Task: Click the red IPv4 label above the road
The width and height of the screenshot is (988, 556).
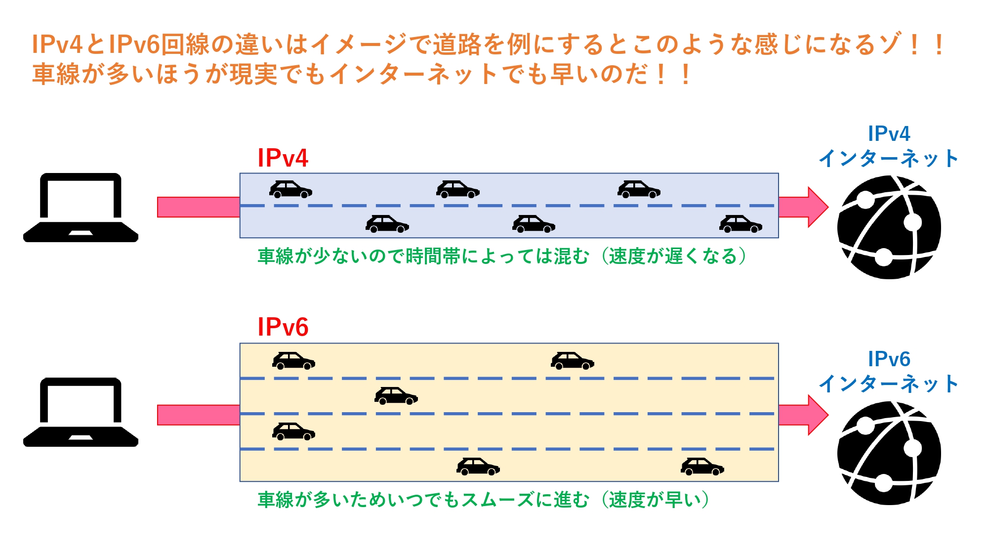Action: click(x=283, y=158)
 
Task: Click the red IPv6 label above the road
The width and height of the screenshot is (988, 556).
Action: click(x=283, y=327)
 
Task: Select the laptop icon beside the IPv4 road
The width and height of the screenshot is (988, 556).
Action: click(x=81, y=208)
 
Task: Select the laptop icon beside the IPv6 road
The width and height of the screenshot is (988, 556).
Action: click(x=81, y=412)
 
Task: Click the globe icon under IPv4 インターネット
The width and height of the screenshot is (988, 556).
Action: click(x=889, y=227)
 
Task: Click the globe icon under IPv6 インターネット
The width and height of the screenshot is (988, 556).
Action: click(x=889, y=453)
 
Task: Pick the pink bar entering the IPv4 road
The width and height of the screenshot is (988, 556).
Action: click(x=198, y=207)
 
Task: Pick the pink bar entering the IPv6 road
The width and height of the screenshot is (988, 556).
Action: click(x=198, y=415)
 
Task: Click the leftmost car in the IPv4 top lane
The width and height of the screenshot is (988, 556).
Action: click(x=290, y=190)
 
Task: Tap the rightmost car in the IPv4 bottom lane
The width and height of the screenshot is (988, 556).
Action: click(x=741, y=224)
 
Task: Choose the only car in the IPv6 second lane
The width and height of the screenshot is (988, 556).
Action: click(x=396, y=396)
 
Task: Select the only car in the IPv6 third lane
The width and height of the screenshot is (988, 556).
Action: click(x=293, y=431)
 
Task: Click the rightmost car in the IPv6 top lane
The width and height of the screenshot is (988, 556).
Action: click(x=572, y=361)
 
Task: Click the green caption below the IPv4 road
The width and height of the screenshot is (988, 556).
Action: click(x=501, y=257)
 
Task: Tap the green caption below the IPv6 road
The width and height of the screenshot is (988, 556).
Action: click(x=483, y=500)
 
